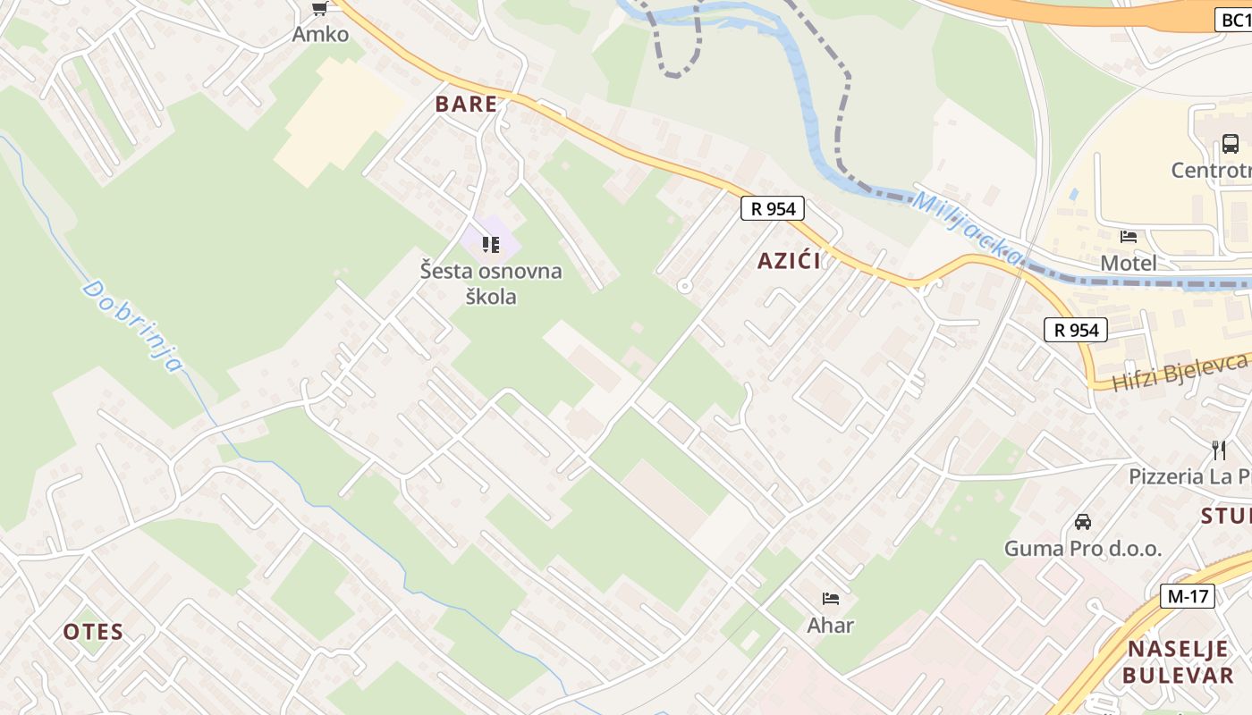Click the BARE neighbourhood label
pyautogui.click(x=466, y=104)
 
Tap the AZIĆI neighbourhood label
pyautogui.click(x=789, y=261)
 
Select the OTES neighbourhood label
pyautogui.click(x=93, y=632)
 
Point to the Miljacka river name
pyautogui.click(x=966, y=228)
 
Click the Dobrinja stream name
pyautogui.click(x=132, y=325)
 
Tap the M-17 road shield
pyautogui.click(x=1188, y=596)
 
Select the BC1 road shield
pyautogui.click(x=1233, y=21)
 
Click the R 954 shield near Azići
pyautogui.click(x=773, y=209)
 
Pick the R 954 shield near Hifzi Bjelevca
pyautogui.click(x=1076, y=330)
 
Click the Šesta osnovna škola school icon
pyautogui.click(x=490, y=244)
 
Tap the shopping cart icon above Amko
pyautogui.click(x=319, y=9)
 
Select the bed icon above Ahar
pyautogui.click(x=830, y=598)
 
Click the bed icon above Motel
pyautogui.click(x=1129, y=237)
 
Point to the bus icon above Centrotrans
pyautogui.click(x=1230, y=143)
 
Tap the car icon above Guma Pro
pyautogui.click(x=1083, y=521)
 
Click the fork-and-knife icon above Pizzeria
pyautogui.click(x=1218, y=449)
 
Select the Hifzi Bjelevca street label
pyautogui.click(x=1179, y=372)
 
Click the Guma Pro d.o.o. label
pyautogui.click(x=1083, y=548)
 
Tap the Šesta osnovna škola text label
pyautogui.click(x=491, y=282)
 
